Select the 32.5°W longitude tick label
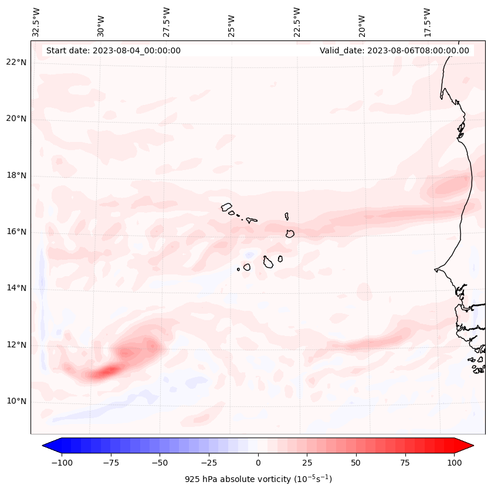point(36,22)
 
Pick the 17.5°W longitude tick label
point(427,22)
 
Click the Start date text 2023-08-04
point(113,50)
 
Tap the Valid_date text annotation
point(394,50)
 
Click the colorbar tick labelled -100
point(62,463)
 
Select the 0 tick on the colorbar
point(258,463)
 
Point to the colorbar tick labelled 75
point(405,463)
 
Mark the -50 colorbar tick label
point(160,463)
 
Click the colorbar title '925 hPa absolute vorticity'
point(258,479)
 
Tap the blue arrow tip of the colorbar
point(46,446)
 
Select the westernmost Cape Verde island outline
point(226,207)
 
